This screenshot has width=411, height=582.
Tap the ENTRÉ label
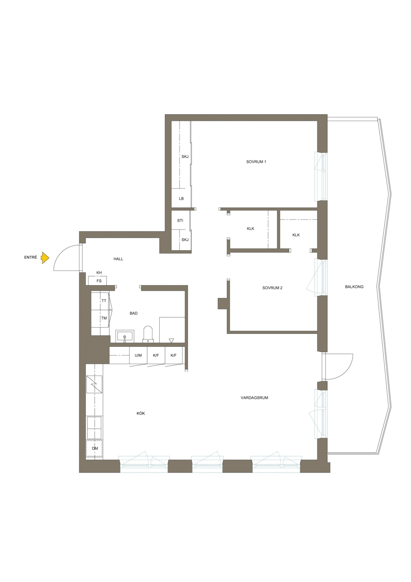pyautogui.click(x=31, y=257)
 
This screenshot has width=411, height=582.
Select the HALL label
pyautogui.click(x=118, y=259)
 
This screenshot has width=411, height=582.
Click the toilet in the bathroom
pyautogui.click(x=148, y=334)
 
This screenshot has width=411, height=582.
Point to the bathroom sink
pyautogui.click(x=125, y=336)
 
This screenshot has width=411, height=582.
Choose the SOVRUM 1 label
pyautogui.click(x=256, y=162)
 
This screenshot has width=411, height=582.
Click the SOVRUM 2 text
pyautogui.click(x=272, y=288)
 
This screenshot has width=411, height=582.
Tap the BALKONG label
pyautogui.click(x=354, y=286)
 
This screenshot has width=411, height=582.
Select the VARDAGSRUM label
pyautogui.click(x=254, y=398)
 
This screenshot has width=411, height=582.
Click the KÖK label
pyautogui.click(x=141, y=413)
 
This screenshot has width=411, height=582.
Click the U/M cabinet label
pyautogui.click(x=138, y=355)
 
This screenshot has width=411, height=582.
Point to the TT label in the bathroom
pyautogui.click(x=104, y=300)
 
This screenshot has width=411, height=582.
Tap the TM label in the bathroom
pyautogui.click(x=104, y=318)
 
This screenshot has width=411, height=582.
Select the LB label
pyautogui.click(x=181, y=199)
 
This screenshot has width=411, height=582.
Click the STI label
pyautogui.click(x=180, y=220)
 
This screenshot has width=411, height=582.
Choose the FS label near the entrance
pyautogui.click(x=99, y=281)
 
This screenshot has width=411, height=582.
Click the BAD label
pyautogui.click(x=134, y=313)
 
